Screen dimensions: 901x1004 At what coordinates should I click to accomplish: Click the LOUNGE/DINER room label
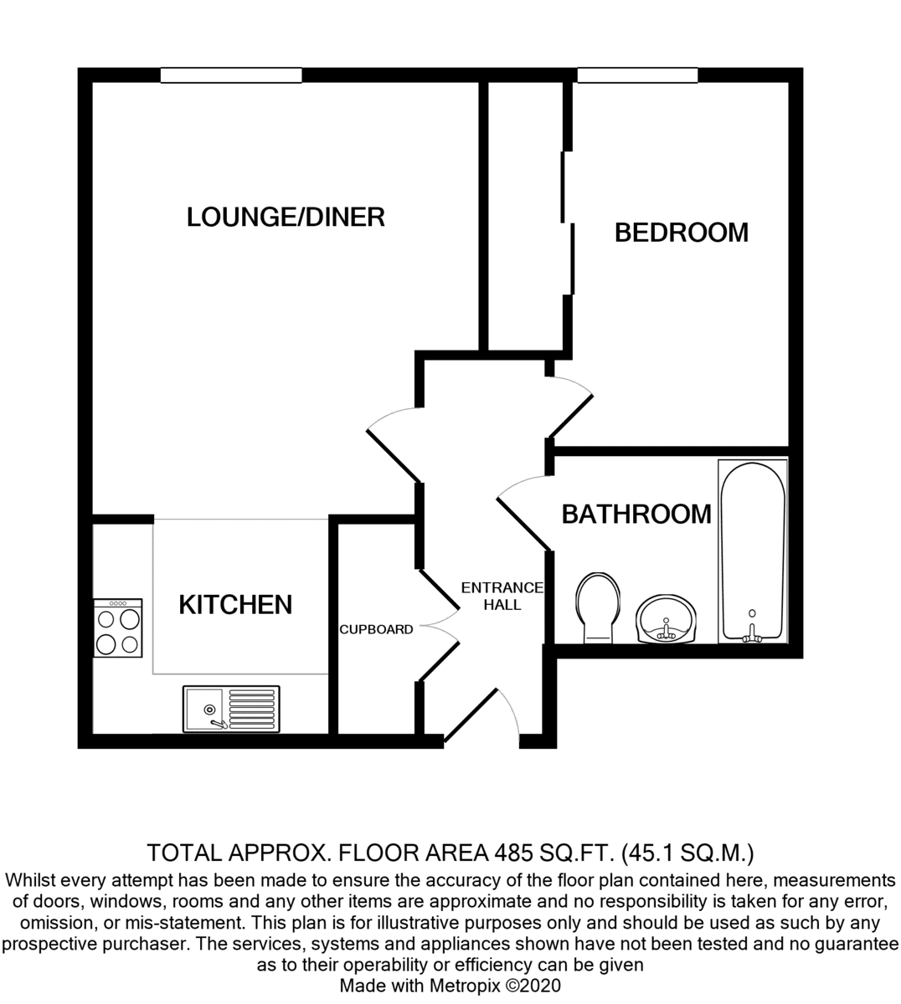tap(286, 217)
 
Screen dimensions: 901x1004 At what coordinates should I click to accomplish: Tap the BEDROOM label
tap(682, 233)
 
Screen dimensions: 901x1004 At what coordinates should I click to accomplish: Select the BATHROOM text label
tap(636, 514)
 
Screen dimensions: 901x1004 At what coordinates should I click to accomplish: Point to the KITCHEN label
tap(235, 605)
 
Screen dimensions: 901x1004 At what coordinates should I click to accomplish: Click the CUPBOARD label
tap(376, 629)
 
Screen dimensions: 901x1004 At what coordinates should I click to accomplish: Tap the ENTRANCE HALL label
tap(502, 597)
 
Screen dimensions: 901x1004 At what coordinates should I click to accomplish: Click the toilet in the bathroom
tap(598, 607)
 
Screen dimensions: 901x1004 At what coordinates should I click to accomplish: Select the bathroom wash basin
tap(666, 619)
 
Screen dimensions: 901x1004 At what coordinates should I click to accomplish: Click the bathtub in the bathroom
tap(753, 551)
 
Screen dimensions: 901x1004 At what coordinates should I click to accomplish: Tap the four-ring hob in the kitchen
tap(118, 627)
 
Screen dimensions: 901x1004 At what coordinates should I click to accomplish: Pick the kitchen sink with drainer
tap(231, 709)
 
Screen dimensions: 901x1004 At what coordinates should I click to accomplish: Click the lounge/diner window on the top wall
tap(231, 75)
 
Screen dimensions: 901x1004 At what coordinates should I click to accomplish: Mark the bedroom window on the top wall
tap(637, 75)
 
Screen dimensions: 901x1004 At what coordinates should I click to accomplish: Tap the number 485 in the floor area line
tap(513, 853)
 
